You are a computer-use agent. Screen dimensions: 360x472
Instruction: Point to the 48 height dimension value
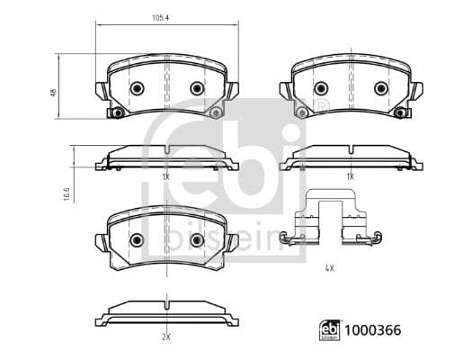(53, 92)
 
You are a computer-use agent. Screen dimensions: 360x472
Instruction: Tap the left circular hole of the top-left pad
(137, 88)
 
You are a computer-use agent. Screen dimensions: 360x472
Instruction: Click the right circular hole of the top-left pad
(197, 88)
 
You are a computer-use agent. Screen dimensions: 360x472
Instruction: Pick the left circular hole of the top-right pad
(320, 88)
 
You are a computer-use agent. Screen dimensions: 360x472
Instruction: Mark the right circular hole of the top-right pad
(380, 88)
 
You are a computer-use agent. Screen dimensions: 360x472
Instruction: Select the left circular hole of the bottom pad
(137, 240)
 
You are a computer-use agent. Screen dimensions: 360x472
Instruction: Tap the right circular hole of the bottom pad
(197, 240)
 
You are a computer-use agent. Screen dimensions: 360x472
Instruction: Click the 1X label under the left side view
(165, 177)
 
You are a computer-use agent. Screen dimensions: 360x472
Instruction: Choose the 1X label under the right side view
(350, 177)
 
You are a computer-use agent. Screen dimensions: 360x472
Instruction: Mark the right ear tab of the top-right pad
(417, 90)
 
